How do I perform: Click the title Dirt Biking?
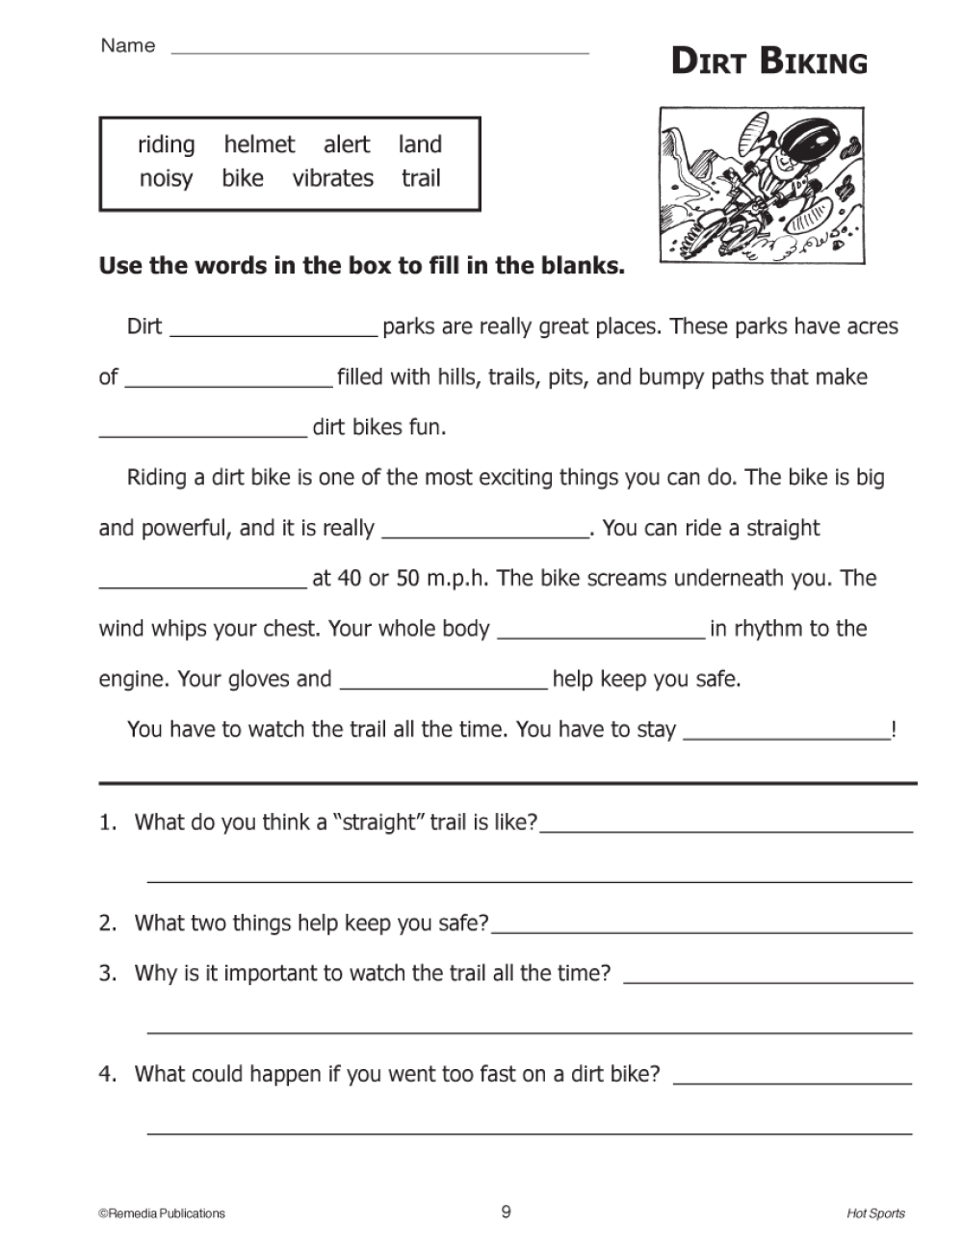pos(768,62)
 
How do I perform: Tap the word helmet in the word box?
pos(259,144)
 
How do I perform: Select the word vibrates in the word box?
pos(332,178)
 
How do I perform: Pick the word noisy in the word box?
pos(166,179)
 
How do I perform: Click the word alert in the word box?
pos(347,144)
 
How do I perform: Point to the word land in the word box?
pos(420,144)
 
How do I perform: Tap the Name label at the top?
pos(127,45)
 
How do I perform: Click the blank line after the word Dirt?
pos(273,333)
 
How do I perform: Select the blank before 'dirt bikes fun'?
pos(202,433)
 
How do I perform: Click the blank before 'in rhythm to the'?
pos(601,635)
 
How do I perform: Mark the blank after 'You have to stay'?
pos(786,736)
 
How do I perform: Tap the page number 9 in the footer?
pos(506,1212)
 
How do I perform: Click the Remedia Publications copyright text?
pos(162,1213)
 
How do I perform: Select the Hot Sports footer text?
pos(875,1213)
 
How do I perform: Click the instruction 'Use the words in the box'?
pos(361,266)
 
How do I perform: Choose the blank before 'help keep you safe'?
pos(444,685)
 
